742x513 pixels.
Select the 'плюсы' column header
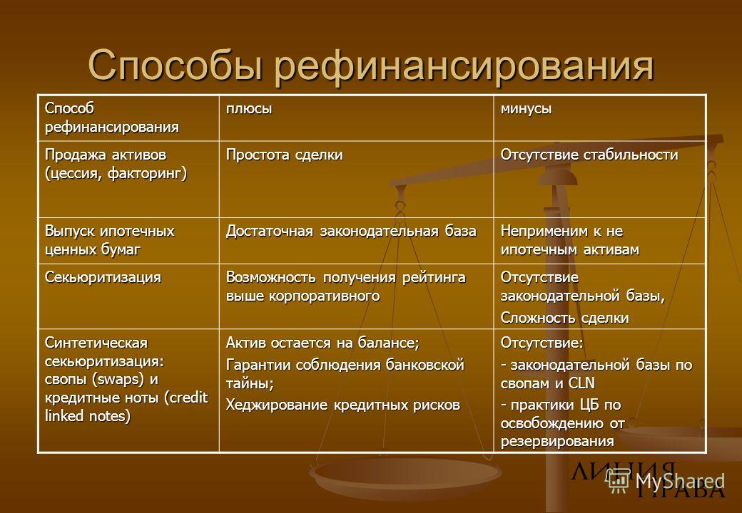[x=249, y=109]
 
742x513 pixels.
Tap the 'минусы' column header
[x=526, y=109]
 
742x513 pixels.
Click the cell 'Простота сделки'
[x=285, y=155]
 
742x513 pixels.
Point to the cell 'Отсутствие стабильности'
[x=589, y=155]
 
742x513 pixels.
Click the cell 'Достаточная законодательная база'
[x=351, y=231]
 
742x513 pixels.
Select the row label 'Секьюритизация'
[x=103, y=277]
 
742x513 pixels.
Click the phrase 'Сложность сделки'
[x=564, y=318]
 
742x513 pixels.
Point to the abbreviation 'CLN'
[x=581, y=383]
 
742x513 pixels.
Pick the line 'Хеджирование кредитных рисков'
[x=342, y=405]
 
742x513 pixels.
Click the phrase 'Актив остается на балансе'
[x=321, y=343]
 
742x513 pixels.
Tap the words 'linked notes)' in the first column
[x=88, y=416]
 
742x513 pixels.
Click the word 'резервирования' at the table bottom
[x=557, y=442]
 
